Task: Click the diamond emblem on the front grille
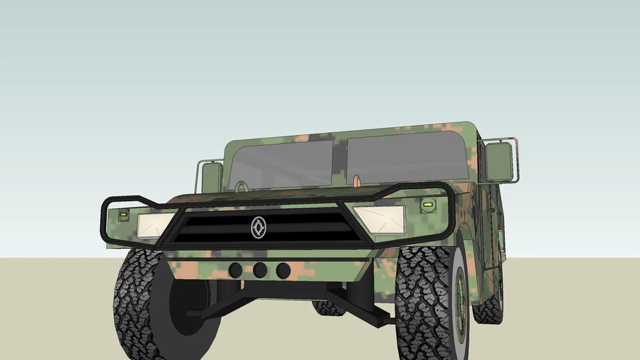[x=259, y=227]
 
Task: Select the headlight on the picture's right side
[x=380, y=219]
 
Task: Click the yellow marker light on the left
[x=124, y=213]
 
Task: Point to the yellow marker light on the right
[x=426, y=205]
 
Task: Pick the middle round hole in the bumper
[x=260, y=270]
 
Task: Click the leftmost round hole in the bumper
[x=236, y=270]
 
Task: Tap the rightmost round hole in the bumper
[x=283, y=271]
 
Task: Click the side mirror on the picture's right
[x=498, y=161]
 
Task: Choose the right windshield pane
[x=408, y=157]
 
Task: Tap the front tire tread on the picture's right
[x=422, y=302]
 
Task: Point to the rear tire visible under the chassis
[x=328, y=307]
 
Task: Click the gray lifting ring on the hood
[x=241, y=187]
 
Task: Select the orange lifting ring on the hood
[x=357, y=181]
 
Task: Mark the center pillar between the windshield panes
[x=340, y=162]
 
